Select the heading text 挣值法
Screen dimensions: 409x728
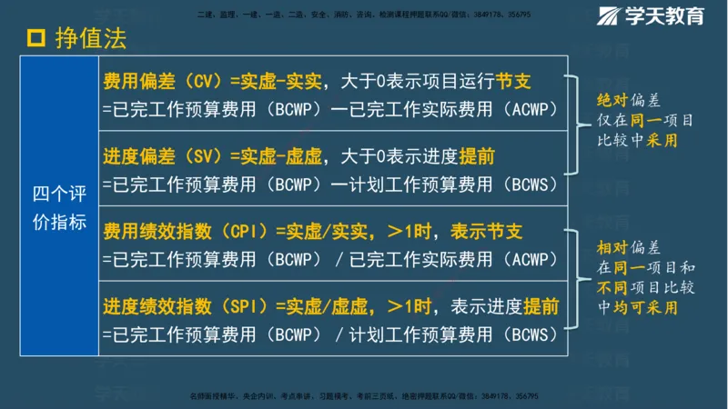click(90, 37)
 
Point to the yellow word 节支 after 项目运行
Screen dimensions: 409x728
click(514, 83)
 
